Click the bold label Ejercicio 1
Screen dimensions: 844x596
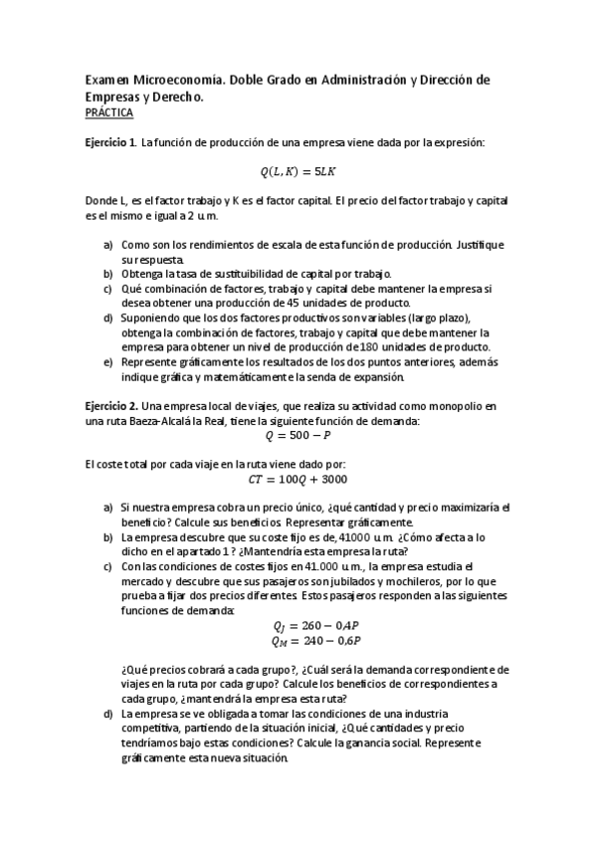[111, 143]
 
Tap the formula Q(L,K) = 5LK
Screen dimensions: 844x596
[298, 172]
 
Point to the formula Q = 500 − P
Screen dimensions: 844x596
[298, 435]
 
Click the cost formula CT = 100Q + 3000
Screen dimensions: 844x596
[298, 478]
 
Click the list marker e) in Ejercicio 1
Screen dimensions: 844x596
[108, 362]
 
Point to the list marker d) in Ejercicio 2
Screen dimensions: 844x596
[108, 714]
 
